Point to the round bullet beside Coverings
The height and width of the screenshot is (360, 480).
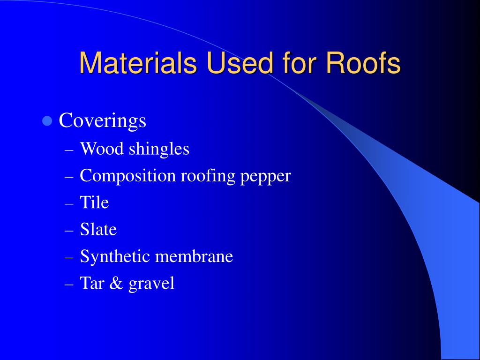coord(47,121)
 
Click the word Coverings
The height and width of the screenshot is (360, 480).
coord(102,121)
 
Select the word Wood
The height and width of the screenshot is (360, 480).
coord(102,149)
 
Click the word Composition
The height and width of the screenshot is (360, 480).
coord(127,176)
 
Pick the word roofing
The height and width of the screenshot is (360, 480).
coord(208,176)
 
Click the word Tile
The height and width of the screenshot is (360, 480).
coord(94,202)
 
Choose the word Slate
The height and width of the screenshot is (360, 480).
coord(98,229)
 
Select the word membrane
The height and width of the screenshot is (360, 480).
coord(194,256)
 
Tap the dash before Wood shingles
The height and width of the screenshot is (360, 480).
coord(69,150)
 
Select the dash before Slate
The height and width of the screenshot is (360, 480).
coord(69,231)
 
